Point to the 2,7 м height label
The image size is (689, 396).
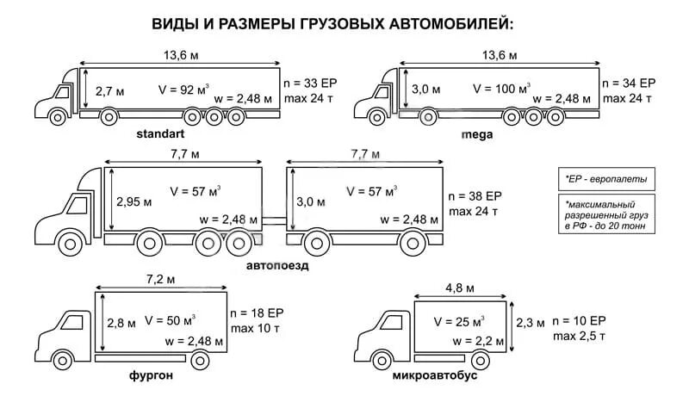pyautogui.click(x=110, y=90)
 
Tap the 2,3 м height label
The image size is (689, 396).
pyautogui.click(x=529, y=324)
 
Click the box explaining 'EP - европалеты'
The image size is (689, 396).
pyautogui.click(x=605, y=179)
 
